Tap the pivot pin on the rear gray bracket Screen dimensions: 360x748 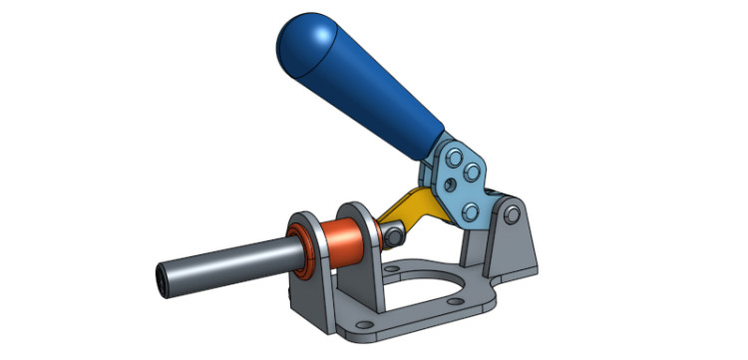pos(512,214)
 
